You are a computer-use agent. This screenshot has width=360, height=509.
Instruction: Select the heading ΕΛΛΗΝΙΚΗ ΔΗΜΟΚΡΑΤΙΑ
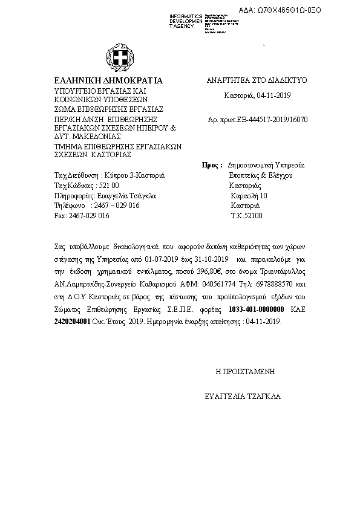(108, 80)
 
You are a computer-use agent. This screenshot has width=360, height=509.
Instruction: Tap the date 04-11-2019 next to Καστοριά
(273, 96)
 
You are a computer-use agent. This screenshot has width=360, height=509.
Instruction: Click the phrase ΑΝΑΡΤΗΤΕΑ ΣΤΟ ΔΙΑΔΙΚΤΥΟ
(258, 80)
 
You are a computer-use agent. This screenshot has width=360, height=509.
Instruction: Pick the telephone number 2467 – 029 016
(114, 206)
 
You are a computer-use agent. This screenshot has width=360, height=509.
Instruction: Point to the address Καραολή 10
(249, 196)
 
